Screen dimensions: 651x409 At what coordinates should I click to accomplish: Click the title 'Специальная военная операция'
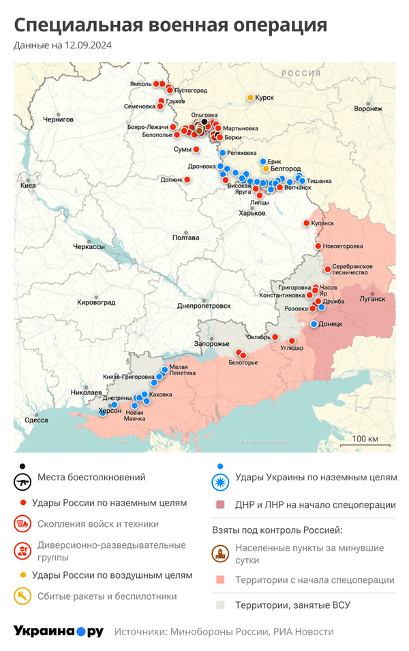[x=170, y=25]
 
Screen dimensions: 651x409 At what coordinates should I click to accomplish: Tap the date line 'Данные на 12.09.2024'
[x=63, y=46]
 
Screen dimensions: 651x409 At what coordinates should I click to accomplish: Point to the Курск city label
[x=264, y=98]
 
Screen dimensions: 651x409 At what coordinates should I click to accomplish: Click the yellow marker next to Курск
[x=250, y=98]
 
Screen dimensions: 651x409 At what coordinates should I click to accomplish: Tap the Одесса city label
[x=36, y=420]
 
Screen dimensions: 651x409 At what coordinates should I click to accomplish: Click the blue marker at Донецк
[x=314, y=324]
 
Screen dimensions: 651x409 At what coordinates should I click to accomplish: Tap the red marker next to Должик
[x=187, y=179]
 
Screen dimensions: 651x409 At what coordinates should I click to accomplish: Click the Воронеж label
[x=368, y=108]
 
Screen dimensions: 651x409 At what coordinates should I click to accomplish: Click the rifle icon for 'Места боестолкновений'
[x=22, y=482]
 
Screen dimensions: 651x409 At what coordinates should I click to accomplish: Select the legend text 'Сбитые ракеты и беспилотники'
[x=107, y=596]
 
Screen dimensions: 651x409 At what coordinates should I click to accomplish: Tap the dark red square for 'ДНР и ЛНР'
[x=219, y=505]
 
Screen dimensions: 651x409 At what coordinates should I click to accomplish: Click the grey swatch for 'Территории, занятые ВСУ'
[x=219, y=605]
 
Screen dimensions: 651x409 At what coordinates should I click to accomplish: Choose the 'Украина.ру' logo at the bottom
[x=59, y=631]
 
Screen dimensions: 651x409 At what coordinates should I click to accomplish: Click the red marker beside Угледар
[x=292, y=341]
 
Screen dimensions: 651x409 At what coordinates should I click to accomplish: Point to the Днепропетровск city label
[x=204, y=306]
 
